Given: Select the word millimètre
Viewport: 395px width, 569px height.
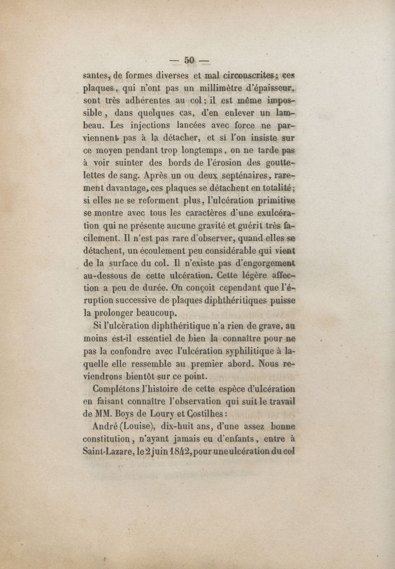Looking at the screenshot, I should (231, 89).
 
